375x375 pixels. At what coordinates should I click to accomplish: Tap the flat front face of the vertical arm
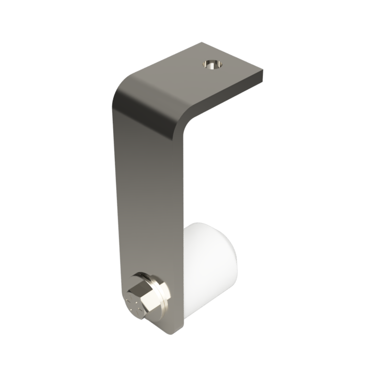click(x=146, y=198)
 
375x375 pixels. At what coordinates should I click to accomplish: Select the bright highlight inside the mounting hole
click(x=210, y=66)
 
